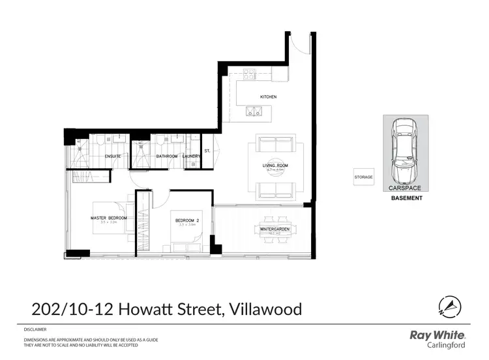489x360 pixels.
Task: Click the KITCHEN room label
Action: point(269,97)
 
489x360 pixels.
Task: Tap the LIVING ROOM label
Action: point(275,166)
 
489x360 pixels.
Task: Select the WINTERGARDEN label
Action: point(274,230)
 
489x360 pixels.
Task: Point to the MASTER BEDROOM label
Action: point(108,217)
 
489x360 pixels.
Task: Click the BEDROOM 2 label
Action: point(187,221)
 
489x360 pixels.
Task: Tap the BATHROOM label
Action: point(166,157)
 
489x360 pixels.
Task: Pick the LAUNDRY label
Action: point(192,157)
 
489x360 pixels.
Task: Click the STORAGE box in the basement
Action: point(364,177)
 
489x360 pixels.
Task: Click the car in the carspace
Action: point(405,152)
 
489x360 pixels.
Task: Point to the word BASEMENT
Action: point(406,197)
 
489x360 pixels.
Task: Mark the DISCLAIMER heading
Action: point(35,330)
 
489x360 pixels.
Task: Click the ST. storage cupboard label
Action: point(207,151)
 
